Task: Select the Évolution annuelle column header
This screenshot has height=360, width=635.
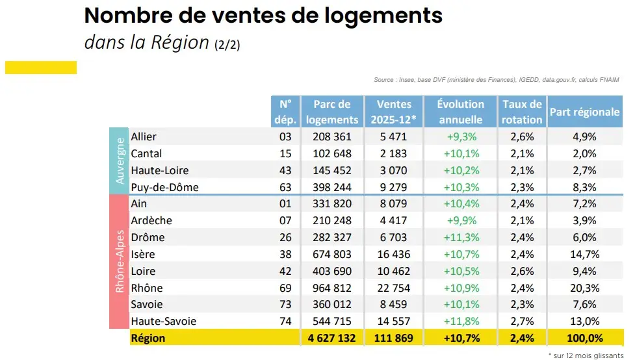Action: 461,112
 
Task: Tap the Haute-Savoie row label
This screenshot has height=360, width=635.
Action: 163,321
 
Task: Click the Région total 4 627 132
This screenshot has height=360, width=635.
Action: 331,338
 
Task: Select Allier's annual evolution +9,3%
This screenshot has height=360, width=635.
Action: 461,137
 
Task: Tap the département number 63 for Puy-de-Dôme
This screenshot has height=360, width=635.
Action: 286,187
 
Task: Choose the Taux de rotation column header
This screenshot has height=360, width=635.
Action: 522,112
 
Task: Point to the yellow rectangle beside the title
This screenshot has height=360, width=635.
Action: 41,68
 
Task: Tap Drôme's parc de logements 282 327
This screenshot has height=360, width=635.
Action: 331,237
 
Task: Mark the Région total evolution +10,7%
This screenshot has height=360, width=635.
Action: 461,338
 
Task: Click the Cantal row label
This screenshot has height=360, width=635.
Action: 146,154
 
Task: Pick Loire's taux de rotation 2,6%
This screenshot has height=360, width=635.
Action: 522,271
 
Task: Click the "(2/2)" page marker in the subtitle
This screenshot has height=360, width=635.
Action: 227,45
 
